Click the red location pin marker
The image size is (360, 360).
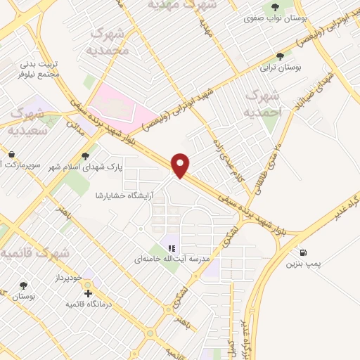181,165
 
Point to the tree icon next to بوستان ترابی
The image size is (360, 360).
281,56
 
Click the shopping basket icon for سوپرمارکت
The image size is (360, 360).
12,154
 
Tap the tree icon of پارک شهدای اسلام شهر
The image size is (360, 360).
86,156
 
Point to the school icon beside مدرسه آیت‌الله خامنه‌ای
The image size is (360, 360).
171,247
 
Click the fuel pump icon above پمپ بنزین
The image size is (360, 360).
303,252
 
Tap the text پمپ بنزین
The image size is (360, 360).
303,264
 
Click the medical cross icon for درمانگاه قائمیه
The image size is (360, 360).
88,293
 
